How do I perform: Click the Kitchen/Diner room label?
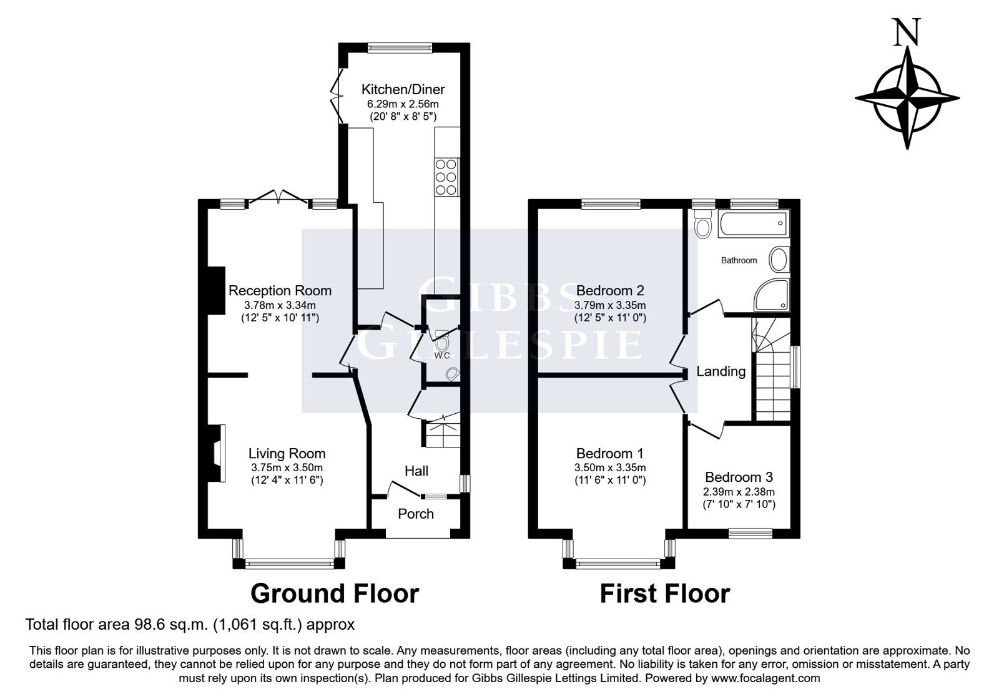point(403,90)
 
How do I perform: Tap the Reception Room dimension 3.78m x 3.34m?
point(280,305)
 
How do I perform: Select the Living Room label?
point(287,454)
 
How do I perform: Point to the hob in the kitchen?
point(446,177)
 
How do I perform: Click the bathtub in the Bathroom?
point(753,223)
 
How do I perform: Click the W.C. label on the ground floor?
point(443,356)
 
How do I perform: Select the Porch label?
point(416,514)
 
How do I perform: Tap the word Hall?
point(416,471)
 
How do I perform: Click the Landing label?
point(721,371)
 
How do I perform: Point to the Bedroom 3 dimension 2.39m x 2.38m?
point(739,492)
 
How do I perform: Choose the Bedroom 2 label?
point(610,291)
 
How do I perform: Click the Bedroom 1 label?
point(610,454)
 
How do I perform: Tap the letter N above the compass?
point(907,32)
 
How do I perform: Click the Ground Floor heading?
point(335,594)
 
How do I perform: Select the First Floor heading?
point(665,594)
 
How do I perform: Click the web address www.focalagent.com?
point(765,678)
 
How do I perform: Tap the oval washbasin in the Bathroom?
point(779,260)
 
